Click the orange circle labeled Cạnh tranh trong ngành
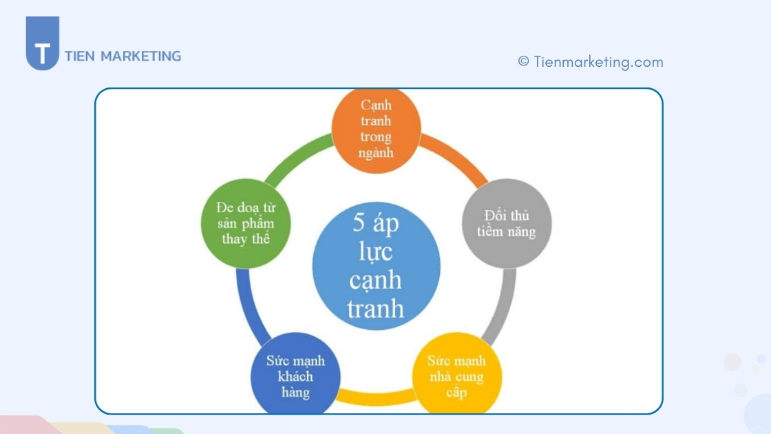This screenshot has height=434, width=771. (x=376, y=130)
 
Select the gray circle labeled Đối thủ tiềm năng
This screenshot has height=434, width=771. (x=507, y=223)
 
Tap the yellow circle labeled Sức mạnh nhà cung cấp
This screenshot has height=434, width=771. (x=457, y=374)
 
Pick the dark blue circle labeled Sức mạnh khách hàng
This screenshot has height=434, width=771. (x=295, y=374)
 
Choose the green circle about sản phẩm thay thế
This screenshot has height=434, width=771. (x=246, y=223)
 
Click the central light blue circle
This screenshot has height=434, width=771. (x=376, y=266)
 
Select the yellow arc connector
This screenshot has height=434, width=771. (x=376, y=397)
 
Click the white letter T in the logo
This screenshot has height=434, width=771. (x=43, y=53)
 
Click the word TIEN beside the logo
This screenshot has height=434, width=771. (x=80, y=56)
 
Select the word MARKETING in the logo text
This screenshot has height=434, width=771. (x=140, y=56)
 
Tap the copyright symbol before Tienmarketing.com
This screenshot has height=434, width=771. (x=524, y=61)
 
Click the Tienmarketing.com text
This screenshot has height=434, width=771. (x=598, y=62)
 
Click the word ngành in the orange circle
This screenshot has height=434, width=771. (x=376, y=153)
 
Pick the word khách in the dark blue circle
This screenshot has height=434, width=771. (x=295, y=376)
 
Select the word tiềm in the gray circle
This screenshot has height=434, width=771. (x=489, y=231)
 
